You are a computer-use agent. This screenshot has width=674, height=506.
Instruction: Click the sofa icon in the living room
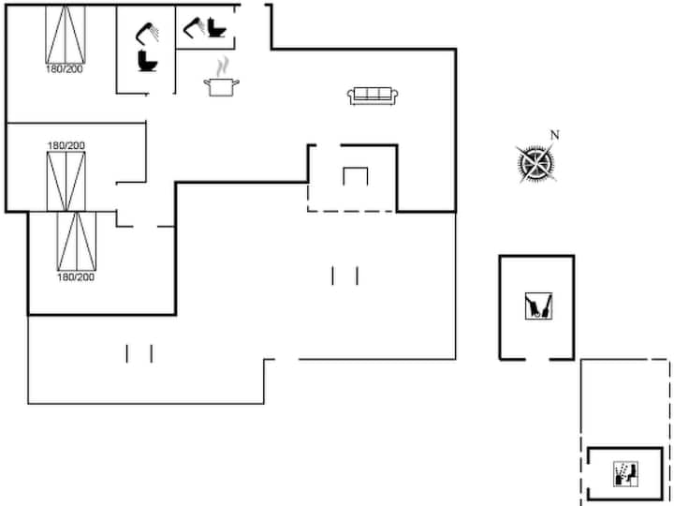point(373,96)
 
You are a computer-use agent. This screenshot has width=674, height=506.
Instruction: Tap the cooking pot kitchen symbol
point(221,87)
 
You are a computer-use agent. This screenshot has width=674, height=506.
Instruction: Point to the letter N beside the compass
point(555,135)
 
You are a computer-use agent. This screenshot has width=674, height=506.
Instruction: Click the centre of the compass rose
point(536,163)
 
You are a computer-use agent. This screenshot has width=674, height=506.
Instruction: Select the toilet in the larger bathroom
point(148,61)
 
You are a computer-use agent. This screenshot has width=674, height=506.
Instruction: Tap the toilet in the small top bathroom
point(216,27)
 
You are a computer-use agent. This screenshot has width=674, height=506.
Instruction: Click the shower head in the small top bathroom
point(194,26)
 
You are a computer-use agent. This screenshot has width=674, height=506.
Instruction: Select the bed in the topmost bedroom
point(66,35)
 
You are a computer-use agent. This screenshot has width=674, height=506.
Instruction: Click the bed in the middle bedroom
point(66,181)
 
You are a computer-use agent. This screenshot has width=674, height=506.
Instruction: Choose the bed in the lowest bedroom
point(77,242)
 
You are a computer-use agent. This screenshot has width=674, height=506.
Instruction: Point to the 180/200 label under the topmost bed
point(65,68)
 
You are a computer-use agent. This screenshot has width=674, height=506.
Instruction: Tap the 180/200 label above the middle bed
point(66,146)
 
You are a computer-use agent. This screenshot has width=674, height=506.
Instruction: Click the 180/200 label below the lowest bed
point(76,276)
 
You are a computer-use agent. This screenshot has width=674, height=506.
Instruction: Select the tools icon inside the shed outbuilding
point(538,305)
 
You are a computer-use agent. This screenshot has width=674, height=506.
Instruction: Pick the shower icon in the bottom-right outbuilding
point(625,474)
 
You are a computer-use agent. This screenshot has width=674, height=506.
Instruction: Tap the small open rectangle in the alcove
point(356,176)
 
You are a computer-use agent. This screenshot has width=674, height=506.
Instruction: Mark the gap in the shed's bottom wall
point(537,359)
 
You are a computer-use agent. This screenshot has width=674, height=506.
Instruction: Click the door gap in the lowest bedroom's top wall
point(145,227)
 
